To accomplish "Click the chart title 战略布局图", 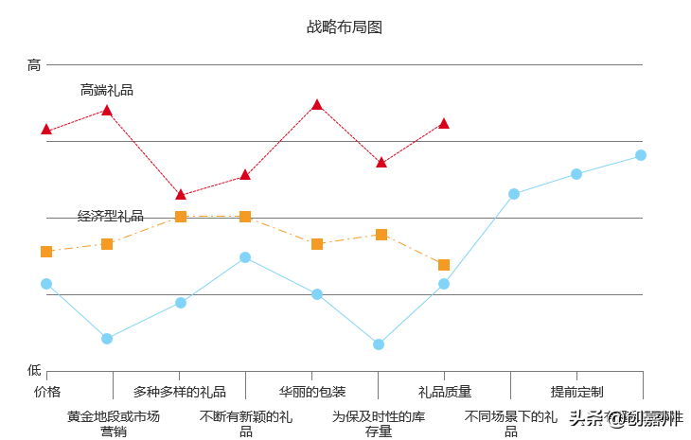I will (345, 27).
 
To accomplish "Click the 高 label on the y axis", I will (34, 65).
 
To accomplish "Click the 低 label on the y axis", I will (34, 370).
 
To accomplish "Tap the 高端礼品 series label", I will (107, 91).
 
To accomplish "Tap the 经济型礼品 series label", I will (111, 217).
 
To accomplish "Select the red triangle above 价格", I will (46, 129).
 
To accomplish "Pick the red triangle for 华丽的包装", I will (317, 104).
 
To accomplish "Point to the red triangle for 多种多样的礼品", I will (181, 194).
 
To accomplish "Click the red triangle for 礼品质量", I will (444, 123).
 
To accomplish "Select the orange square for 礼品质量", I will (444, 265).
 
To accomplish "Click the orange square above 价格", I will (46, 252).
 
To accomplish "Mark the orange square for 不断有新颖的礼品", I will (245, 217).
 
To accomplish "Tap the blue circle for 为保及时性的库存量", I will (379, 344).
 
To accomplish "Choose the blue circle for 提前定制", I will (576, 174).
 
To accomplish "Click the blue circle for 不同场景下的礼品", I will (514, 194).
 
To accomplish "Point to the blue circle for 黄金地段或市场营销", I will (107, 339).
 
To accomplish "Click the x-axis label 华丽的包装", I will (312, 392).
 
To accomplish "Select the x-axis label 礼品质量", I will (445, 392).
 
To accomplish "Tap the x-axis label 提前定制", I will (577, 392).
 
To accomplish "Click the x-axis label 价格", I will (47, 392).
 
